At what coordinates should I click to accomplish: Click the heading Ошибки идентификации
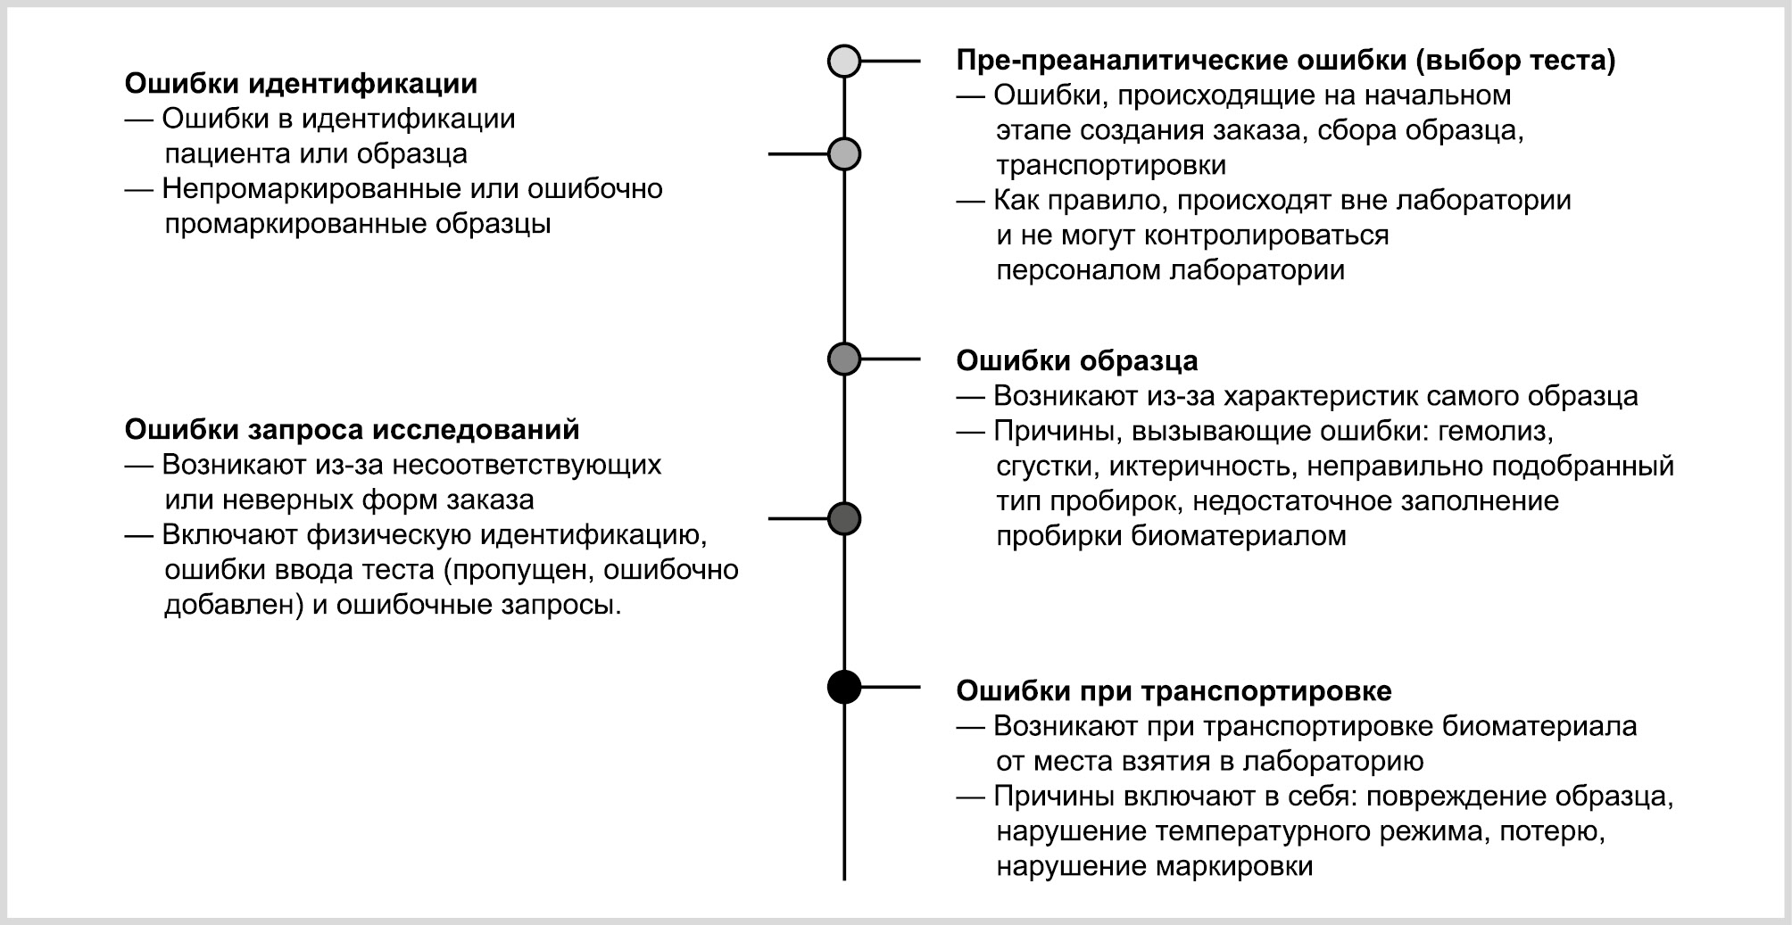[301, 84]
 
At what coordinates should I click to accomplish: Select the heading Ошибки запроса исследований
[352, 430]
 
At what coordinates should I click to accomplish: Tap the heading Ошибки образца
[1077, 361]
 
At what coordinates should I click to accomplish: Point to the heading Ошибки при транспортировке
[1174, 691]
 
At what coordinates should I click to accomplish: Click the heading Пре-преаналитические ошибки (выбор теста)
[1286, 61]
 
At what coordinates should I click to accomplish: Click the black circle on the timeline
[844, 687]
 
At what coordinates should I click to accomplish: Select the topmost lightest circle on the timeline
[844, 61]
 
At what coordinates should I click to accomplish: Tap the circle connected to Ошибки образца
[844, 359]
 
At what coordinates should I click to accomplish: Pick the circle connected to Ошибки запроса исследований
[844, 518]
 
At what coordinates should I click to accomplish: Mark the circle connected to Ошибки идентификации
[844, 154]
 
